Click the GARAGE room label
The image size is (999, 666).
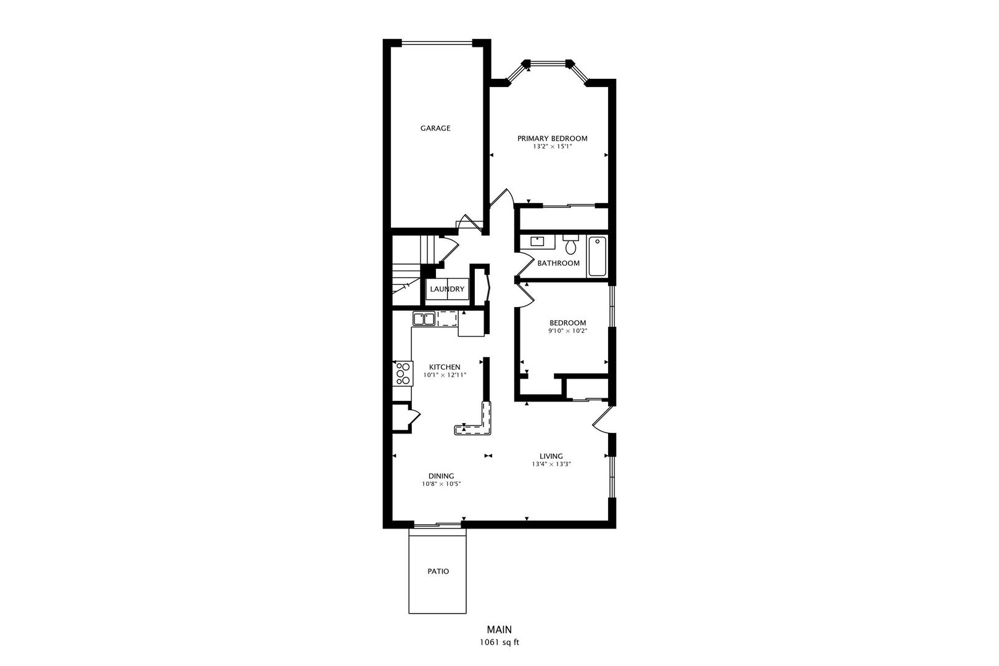(x=435, y=128)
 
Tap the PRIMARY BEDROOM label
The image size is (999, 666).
(x=552, y=139)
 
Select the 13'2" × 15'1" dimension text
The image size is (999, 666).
(x=552, y=147)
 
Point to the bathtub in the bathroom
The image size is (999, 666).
(x=598, y=256)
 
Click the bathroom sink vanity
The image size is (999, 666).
(x=537, y=242)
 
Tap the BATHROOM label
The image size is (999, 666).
(x=558, y=263)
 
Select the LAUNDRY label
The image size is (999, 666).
(x=447, y=289)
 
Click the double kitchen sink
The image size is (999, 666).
(x=424, y=319)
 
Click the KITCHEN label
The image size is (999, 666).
(x=445, y=367)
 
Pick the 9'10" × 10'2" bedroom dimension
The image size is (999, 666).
(x=568, y=331)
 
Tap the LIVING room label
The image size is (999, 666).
(x=551, y=456)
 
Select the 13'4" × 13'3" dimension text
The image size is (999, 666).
(x=551, y=464)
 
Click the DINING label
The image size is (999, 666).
(x=441, y=476)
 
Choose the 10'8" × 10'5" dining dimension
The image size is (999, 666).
(x=441, y=484)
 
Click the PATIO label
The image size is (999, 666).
(x=438, y=572)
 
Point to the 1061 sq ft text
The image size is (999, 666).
(x=499, y=643)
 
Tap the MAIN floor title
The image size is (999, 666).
(x=499, y=630)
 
